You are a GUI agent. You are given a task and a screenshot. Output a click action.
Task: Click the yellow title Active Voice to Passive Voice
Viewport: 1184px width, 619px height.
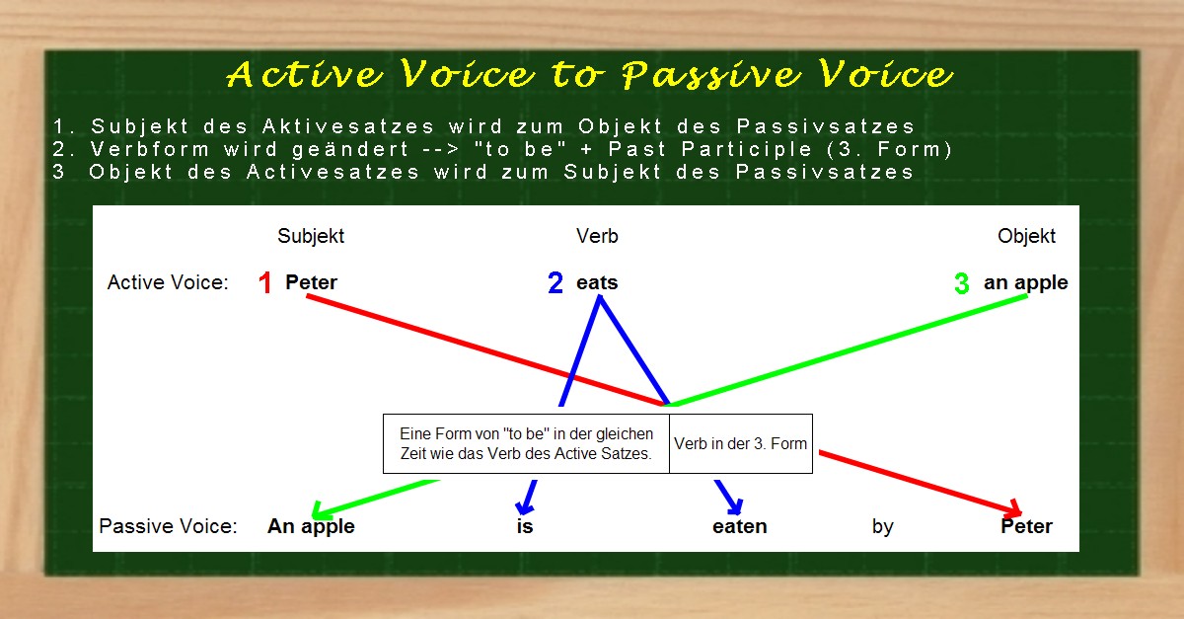point(590,75)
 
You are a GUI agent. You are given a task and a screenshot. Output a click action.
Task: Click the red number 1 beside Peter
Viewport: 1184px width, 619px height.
point(264,283)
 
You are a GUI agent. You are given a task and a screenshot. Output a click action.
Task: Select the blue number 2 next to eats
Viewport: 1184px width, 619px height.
point(555,283)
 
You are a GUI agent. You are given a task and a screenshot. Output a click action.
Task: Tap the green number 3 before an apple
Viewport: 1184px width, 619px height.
point(962,284)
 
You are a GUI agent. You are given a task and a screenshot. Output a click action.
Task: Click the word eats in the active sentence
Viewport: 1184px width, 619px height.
point(597,282)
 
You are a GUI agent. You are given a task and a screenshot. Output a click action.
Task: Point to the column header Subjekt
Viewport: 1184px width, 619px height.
point(311,236)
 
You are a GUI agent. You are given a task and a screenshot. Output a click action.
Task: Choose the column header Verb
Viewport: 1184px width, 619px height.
point(597,236)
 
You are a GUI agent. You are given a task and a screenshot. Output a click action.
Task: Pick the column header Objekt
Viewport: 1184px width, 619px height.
point(1026,236)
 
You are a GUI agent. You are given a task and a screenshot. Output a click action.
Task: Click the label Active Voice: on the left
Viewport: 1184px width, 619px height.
point(168,282)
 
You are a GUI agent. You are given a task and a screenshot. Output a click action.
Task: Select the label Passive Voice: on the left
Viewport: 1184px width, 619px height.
point(168,526)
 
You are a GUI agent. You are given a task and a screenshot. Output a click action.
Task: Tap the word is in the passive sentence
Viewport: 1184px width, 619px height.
point(525,526)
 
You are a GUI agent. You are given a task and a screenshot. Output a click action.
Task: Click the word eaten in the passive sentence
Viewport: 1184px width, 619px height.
point(739,526)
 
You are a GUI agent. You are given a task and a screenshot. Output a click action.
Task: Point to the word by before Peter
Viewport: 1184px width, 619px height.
point(882,526)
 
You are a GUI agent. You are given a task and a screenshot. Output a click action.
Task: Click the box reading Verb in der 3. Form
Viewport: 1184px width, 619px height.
point(740,443)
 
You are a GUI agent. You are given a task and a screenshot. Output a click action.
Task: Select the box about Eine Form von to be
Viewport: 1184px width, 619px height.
point(526,443)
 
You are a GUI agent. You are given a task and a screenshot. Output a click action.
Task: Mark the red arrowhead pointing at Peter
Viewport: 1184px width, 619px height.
point(1012,510)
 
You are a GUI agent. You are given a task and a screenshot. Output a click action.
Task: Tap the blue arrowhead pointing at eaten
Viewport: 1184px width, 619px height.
point(734,507)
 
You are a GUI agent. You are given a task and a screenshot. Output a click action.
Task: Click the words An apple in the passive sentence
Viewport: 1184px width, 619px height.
point(311,526)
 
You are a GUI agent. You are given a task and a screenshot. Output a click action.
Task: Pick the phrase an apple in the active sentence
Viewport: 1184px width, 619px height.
point(1025,282)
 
